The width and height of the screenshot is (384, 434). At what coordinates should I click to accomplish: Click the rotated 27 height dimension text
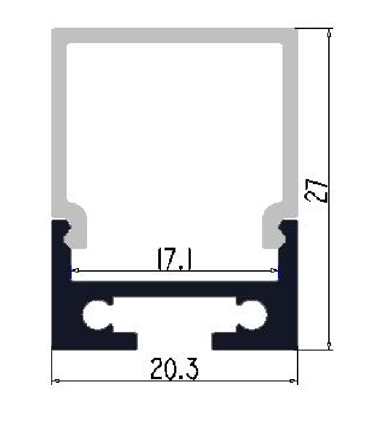pyautogui.click(x=316, y=191)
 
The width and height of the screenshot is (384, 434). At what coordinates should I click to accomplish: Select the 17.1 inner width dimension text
pyautogui.click(x=175, y=259)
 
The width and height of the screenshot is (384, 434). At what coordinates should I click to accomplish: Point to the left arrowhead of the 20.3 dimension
pyautogui.click(x=57, y=381)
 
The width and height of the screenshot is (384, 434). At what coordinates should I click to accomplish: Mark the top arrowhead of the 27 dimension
pyautogui.click(x=329, y=34)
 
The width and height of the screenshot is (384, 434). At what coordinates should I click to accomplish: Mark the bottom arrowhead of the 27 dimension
pyautogui.click(x=329, y=344)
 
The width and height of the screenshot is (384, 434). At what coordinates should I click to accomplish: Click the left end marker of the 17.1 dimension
pyautogui.click(x=76, y=271)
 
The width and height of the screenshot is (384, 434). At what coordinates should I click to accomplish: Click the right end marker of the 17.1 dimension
pyautogui.click(x=273, y=271)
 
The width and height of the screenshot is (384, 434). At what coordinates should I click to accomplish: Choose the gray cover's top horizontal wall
pyautogui.click(x=175, y=35)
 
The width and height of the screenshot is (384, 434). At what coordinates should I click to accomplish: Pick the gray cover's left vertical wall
pyautogui.click(x=59, y=122)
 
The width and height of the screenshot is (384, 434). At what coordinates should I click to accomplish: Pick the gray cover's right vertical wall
pyautogui.click(x=290, y=122)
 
